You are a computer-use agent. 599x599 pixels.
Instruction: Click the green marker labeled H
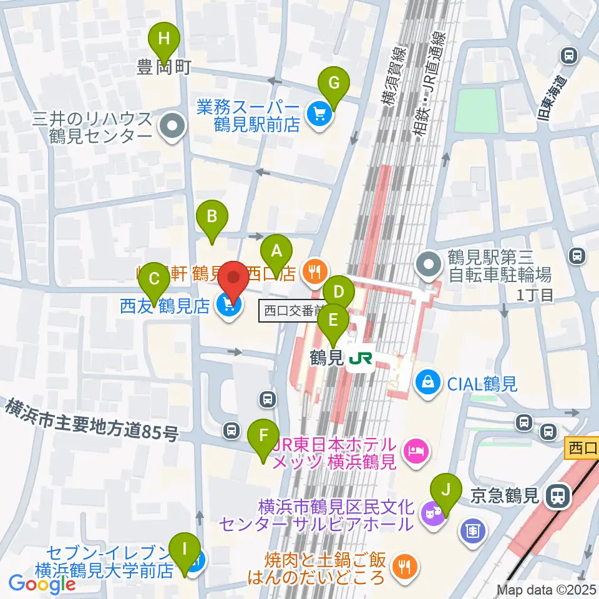163,39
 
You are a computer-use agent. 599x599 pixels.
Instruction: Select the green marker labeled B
212,217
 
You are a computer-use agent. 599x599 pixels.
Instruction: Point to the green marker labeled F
263,434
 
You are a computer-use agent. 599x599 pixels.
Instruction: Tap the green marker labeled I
184,549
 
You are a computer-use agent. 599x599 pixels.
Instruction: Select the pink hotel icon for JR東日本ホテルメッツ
415,450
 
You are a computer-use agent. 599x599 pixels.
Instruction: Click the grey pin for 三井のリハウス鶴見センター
170,127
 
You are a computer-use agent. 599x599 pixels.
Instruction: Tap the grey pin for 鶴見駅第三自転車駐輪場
429,264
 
